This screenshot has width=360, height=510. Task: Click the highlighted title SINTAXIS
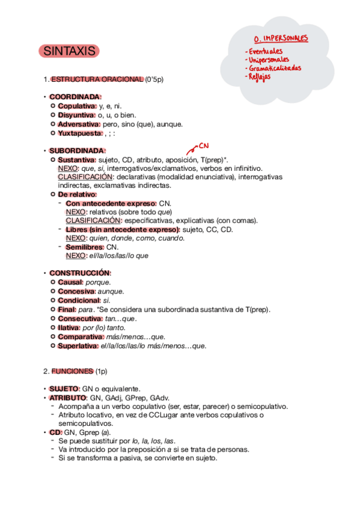[x=69, y=52]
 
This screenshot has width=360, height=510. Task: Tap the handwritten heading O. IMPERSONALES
[x=281, y=39]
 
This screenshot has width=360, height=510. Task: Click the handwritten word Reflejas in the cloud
[x=258, y=76]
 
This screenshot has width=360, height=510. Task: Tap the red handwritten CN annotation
[x=203, y=146]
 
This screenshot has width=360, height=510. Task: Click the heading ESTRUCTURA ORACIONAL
[x=97, y=79]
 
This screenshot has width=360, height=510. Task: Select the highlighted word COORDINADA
[x=75, y=97]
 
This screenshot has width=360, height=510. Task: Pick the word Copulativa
[x=77, y=106]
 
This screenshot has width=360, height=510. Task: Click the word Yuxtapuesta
[x=79, y=133]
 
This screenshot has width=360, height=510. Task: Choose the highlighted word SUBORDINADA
[x=77, y=150]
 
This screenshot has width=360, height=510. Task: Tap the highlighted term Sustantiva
[x=76, y=160]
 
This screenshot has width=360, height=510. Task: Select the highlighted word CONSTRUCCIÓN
[x=80, y=272]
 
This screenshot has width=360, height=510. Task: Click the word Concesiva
[x=76, y=291]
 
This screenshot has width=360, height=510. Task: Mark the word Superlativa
[x=78, y=346]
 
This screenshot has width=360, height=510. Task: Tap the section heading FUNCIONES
[x=72, y=371]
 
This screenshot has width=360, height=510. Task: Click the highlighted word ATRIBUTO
[x=67, y=398]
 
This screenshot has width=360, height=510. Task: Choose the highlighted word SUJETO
[x=64, y=389]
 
